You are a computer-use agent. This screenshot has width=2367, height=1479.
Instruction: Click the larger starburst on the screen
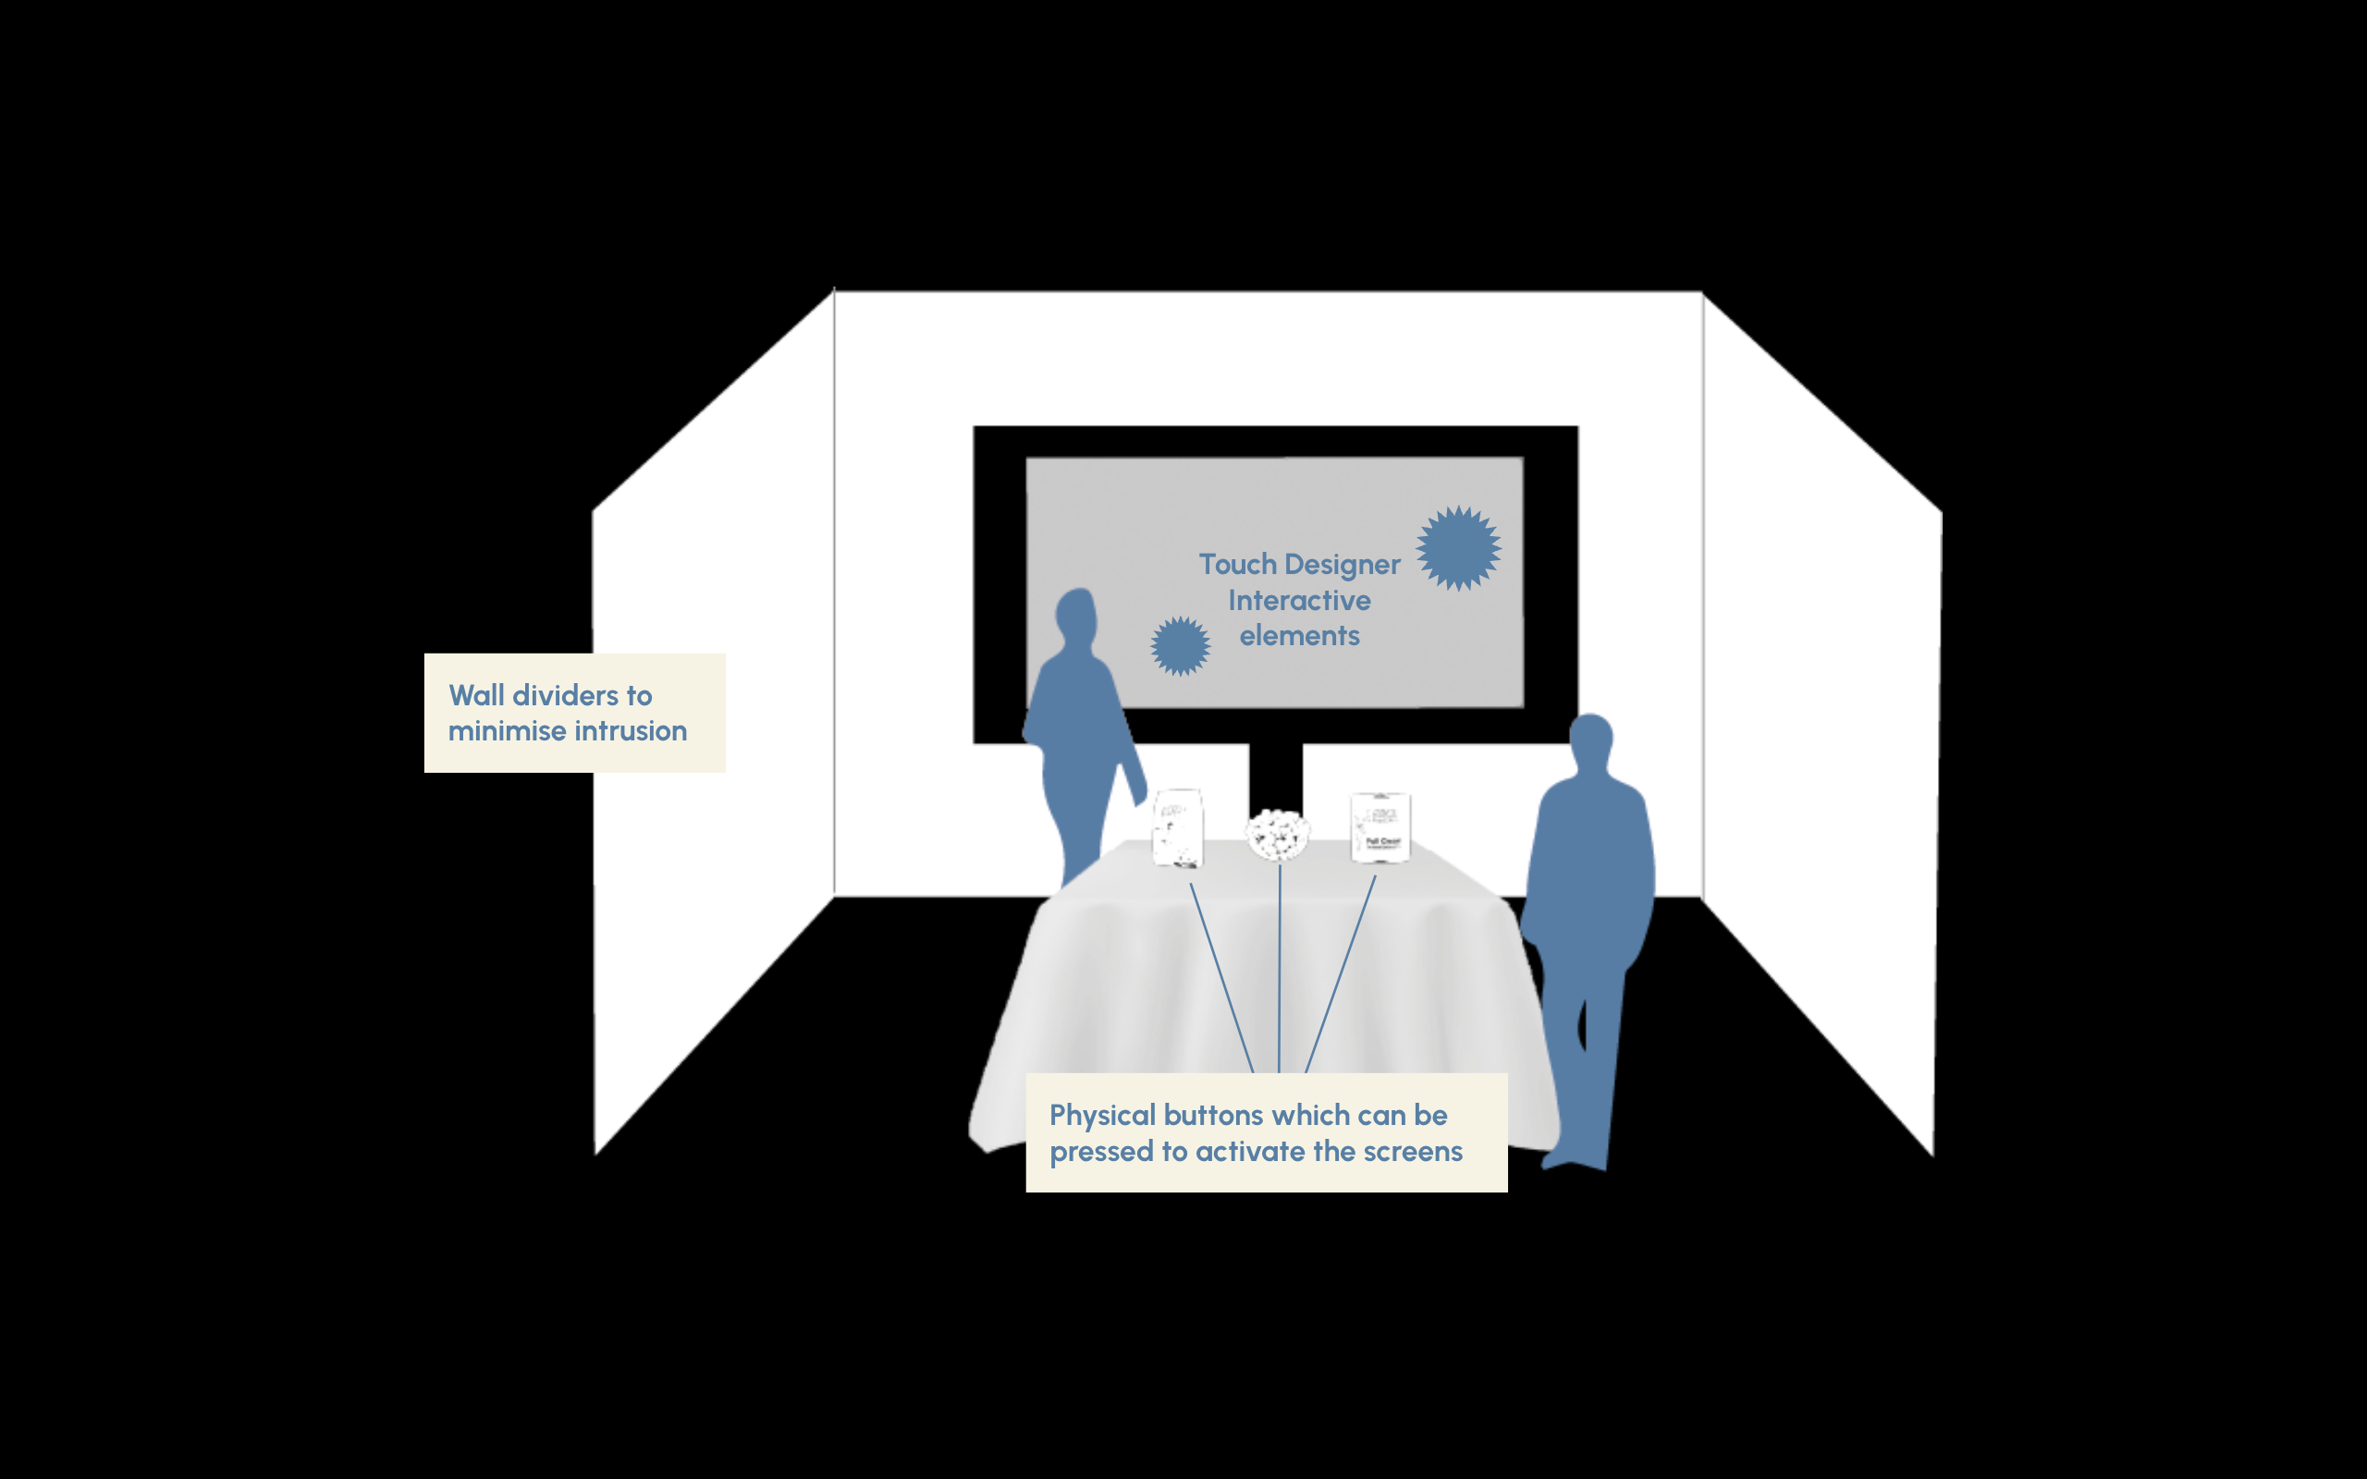tap(1458, 548)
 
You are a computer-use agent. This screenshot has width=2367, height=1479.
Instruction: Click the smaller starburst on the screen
tap(1180, 645)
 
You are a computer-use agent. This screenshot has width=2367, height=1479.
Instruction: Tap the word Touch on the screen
tap(1237, 565)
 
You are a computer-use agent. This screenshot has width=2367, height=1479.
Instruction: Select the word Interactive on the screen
tap(1299, 600)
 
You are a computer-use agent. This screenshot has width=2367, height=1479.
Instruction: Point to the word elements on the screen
tap(1299, 636)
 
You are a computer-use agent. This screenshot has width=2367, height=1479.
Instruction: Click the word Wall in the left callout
tap(476, 695)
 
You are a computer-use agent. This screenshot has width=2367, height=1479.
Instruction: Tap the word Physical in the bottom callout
tap(1102, 1115)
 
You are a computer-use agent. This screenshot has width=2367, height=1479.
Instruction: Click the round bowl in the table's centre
tap(1278, 835)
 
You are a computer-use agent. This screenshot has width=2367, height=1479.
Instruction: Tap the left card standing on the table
tap(1178, 827)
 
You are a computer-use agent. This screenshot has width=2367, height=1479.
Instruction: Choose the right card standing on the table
tap(1380, 827)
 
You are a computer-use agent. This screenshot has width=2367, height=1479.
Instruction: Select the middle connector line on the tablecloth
tap(1280, 969)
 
